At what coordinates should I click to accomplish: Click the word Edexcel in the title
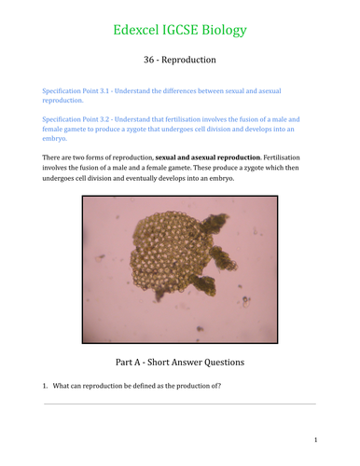click(136, 31)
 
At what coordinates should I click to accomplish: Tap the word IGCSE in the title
click(182, 31)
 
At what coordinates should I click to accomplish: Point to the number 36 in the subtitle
click(148, 60)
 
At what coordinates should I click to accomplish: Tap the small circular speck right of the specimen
click(246, 300)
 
